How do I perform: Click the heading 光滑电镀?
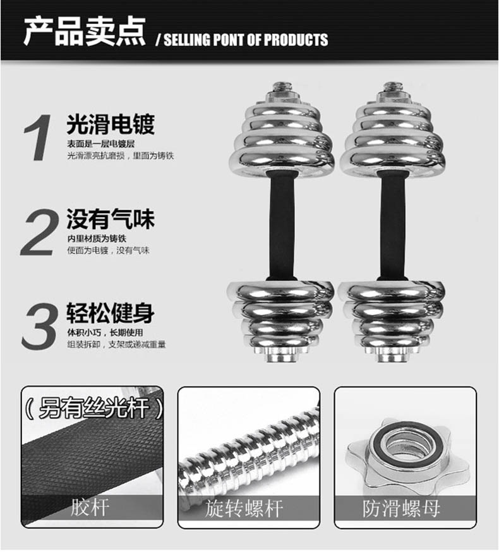[110, 124]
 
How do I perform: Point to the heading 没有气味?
[110, 220]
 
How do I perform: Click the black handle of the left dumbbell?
[281, 225]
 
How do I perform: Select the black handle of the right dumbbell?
[392, 225]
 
